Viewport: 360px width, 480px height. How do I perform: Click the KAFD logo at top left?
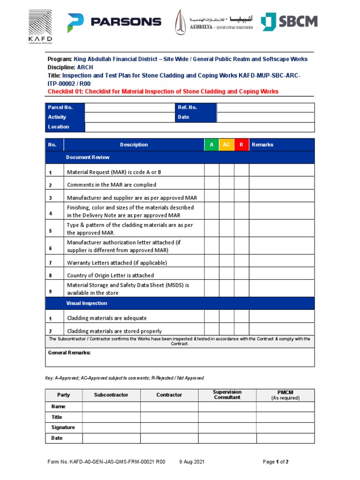[40, 25]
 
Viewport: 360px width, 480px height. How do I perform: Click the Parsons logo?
[114, 22]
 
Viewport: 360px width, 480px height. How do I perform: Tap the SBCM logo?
[289, 22]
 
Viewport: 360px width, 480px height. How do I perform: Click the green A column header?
[211, 145]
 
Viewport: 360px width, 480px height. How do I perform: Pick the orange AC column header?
[226, 145]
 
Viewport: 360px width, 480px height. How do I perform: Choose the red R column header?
[241, 145]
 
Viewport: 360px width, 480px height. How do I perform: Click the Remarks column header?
[262, 145]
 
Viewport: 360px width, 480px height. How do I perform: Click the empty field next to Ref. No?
[265, 107]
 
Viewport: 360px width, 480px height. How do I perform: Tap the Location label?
[58, 127]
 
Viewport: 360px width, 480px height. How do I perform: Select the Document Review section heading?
[88, 157]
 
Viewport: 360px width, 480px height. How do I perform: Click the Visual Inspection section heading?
[87, 303]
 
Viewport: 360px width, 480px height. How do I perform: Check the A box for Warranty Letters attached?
[211, 262]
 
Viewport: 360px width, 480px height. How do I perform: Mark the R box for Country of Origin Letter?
[241, 275]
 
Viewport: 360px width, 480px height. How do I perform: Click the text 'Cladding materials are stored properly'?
[114, 330]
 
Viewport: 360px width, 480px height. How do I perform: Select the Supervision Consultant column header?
[227, 395]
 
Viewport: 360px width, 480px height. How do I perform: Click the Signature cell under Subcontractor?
[111, 427]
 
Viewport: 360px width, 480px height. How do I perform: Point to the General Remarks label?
[69, 353]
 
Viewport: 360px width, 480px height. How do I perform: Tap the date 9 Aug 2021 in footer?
[192, 462]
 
